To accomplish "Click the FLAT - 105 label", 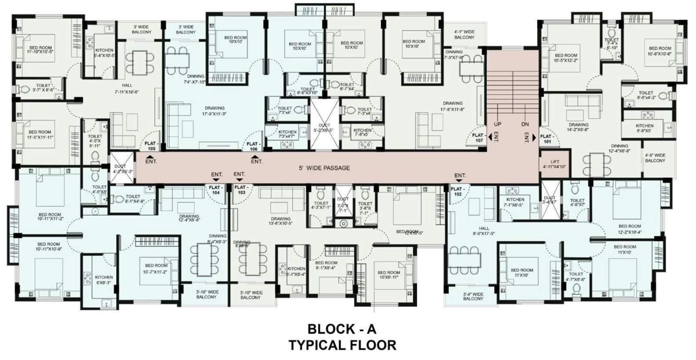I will [x=152, y=145].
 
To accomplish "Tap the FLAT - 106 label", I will [x=253, y=146].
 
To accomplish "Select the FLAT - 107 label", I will [x=478, y=138].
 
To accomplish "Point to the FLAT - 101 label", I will [x=547, y=138].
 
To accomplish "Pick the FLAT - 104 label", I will [x=216, y=190].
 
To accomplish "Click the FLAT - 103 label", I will [x=241, y=190].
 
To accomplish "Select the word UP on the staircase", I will [x=498, y=125].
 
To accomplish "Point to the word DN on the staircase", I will [x=525, y=125].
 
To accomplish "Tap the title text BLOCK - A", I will [x=341, y=329].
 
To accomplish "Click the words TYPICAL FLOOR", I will [x=342, y=344].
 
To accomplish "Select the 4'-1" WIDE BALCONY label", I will [x=464, y=34].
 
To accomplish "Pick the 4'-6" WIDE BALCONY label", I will [x=655, y=158].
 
